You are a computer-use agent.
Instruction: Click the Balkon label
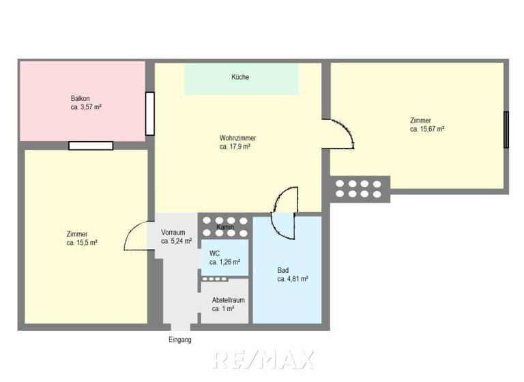(80, 98)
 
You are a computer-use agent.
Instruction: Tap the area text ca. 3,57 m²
(86, 107)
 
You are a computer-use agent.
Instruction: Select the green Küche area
(242, 79)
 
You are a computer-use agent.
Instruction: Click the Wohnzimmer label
(237, 138)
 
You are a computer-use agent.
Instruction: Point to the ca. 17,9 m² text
(235, 147)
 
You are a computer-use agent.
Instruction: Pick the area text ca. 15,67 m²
(427, 129)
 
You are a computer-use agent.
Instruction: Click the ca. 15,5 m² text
(82, 243)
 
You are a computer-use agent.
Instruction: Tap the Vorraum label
(173, 232)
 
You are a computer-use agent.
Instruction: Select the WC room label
(214, 252)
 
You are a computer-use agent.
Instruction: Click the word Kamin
(225, 226)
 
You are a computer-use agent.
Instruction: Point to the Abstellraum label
(228, 299)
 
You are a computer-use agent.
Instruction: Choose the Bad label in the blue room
(283, 269)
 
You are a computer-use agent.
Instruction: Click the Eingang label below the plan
(180, 340)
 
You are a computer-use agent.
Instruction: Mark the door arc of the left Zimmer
(136, 237)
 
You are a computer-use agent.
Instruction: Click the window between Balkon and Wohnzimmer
(149, 114)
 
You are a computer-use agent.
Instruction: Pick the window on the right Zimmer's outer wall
(506, 130)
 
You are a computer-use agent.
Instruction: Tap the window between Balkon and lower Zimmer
(91, 145)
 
